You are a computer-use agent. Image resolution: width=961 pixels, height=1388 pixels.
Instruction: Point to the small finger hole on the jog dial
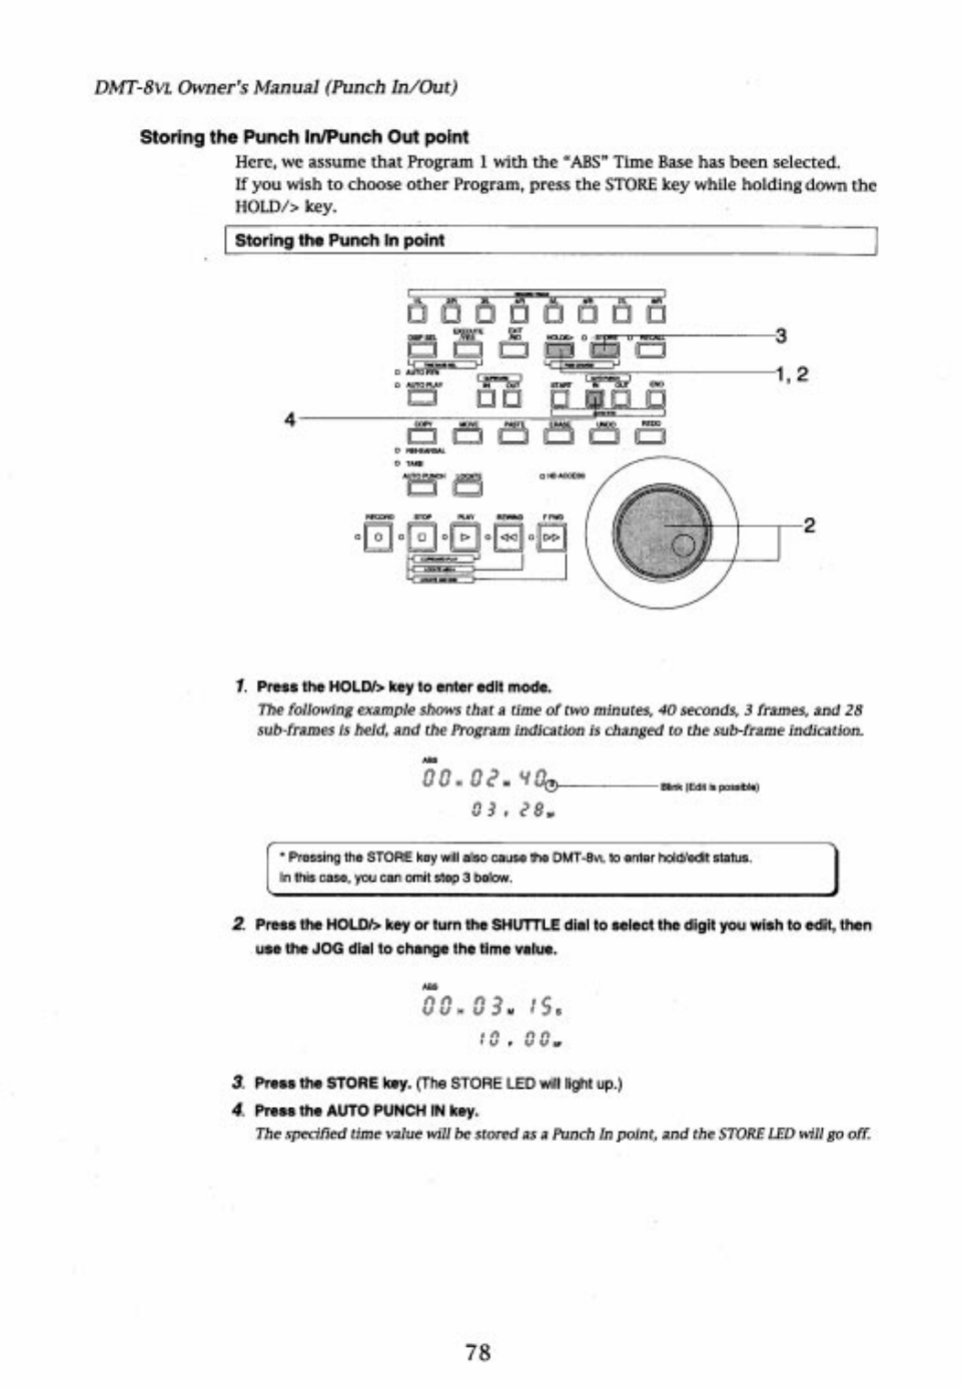(x=683, y=548)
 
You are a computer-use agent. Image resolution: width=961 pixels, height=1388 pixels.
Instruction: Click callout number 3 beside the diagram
(x=780, y=336)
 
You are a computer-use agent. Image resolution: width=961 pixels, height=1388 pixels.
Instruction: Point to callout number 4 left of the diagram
(x=290, y=419)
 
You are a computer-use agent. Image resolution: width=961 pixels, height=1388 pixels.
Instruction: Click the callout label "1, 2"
(x=791, y=373)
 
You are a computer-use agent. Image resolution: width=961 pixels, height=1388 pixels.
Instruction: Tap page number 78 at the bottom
(x=478, y=1351)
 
